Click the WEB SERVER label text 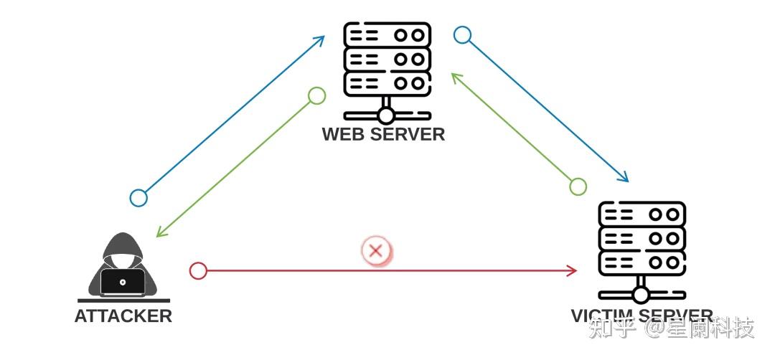point(383,134)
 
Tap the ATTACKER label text point(123,316)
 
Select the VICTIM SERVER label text point(642,316)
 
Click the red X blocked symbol point(375,251)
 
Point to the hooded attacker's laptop point(123,282)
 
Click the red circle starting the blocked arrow point(198,270)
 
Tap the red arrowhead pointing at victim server point(573,270)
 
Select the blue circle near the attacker point(138,198)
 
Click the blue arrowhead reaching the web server point(321,38)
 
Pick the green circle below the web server point(316,95)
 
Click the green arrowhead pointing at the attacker point(161,233)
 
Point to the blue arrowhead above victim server point(624,179)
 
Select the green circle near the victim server point(578,186)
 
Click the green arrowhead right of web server point(456,76)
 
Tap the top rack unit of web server point(387,34)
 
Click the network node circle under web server point(387,115)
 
